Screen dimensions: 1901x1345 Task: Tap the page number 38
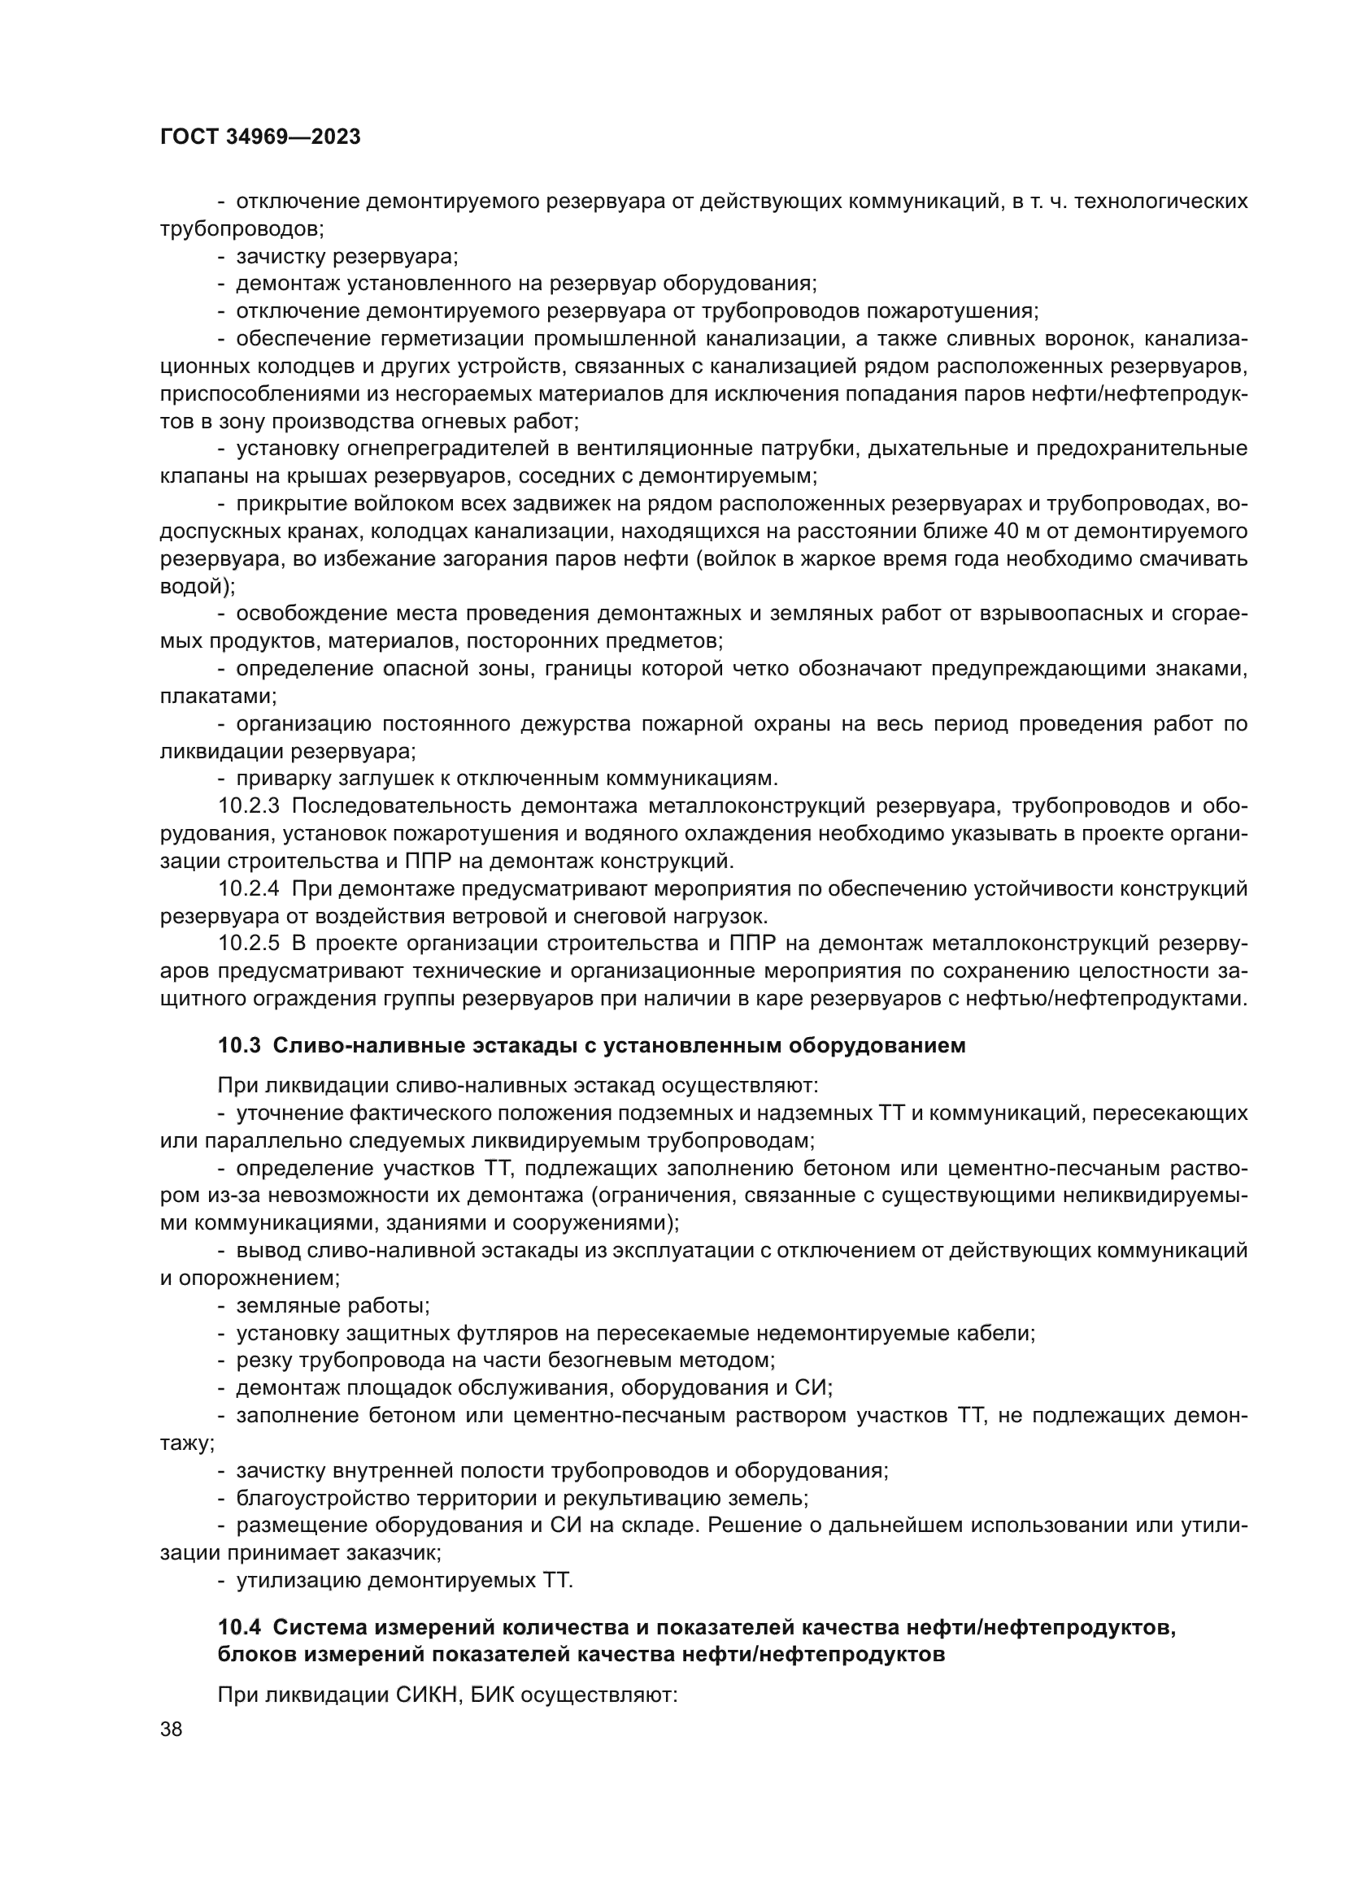click(x=172, y=1729)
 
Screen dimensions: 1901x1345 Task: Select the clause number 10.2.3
click(x=250, y=805)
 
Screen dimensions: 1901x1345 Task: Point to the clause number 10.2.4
click(x=250, y=889)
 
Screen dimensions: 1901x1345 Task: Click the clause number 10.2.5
click(x=250, y=944)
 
